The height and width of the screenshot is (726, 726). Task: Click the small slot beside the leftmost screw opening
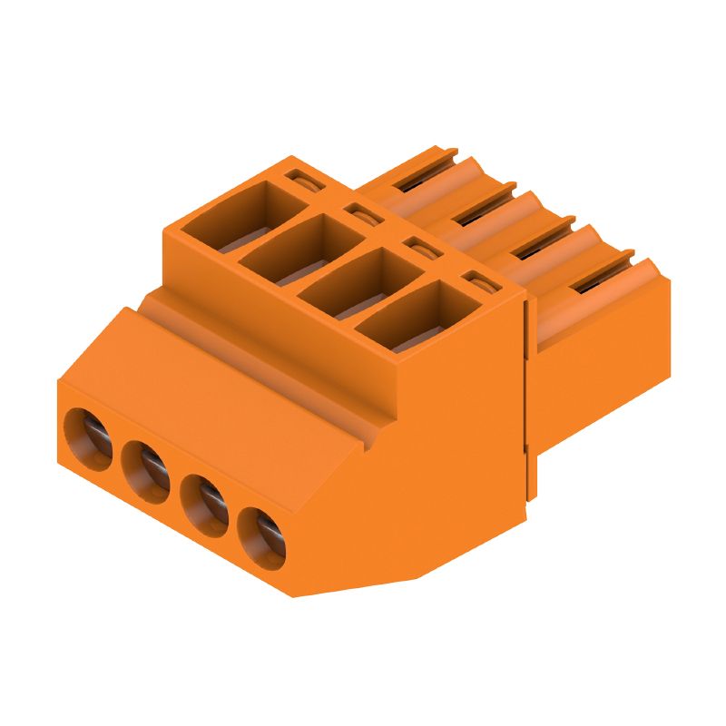click(302, 178)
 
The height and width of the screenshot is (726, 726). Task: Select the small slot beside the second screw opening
click(362, 214)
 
